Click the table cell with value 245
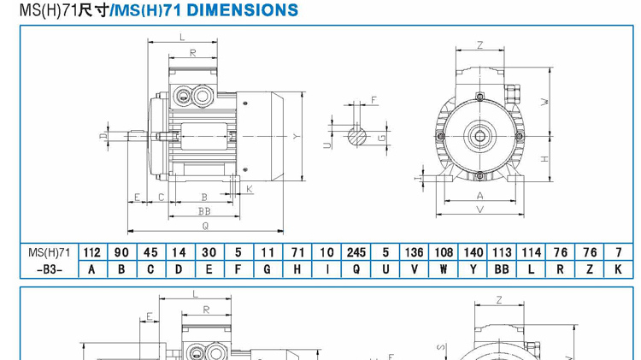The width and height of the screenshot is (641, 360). pos(356,252)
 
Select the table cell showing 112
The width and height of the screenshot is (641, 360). pos(92,252)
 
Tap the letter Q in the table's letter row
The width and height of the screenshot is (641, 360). pos(356,269)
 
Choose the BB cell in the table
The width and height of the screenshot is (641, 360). pos(502,269)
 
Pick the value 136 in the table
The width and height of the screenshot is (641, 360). pos(415,252)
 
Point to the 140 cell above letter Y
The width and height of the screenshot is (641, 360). pos(473,252)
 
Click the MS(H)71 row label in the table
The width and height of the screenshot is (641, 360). pos(49,252)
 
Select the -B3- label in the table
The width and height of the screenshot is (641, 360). pos(49,270)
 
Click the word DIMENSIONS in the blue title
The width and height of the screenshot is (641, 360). pos(243,10)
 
